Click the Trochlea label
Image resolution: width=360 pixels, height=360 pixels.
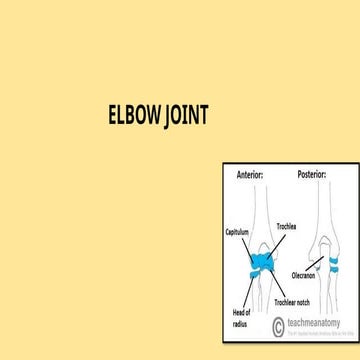(288, 226)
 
